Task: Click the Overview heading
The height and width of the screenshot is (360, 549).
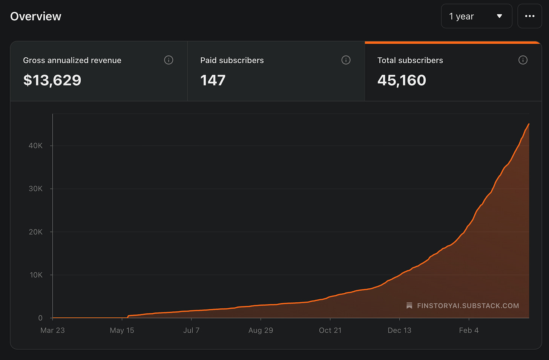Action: [35, 17]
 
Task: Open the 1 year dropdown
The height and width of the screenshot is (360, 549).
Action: [477, 16]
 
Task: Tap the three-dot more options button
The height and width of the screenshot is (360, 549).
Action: [530, 16]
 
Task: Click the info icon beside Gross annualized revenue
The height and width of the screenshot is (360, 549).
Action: [169, 60]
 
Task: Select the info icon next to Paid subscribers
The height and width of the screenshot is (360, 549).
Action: [346, 60]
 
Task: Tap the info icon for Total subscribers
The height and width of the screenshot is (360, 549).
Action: [523, 60]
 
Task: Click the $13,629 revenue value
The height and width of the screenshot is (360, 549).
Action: [52, 80]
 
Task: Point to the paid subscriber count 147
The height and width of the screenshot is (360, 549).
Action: [213, 80]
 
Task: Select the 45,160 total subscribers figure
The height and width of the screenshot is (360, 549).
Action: [402, 80]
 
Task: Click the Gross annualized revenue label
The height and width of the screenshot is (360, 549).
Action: [72, 60]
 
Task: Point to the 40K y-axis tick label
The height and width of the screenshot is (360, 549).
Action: [35, 146]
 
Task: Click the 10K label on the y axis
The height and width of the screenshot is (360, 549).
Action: [36, 275]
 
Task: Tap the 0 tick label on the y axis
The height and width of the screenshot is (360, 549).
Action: [40, 318]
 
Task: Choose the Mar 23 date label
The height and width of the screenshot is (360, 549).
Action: [52, 330]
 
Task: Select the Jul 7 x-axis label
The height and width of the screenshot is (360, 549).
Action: [192, 330]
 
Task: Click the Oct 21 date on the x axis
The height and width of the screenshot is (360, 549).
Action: [330, 330]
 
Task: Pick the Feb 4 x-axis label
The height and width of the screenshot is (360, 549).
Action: [469, 330]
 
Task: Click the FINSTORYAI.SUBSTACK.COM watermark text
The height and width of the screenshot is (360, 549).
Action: [468, 306]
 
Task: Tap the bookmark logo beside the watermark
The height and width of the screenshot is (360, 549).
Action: [409, 306]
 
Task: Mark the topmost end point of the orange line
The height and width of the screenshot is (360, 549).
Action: [529, 124]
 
